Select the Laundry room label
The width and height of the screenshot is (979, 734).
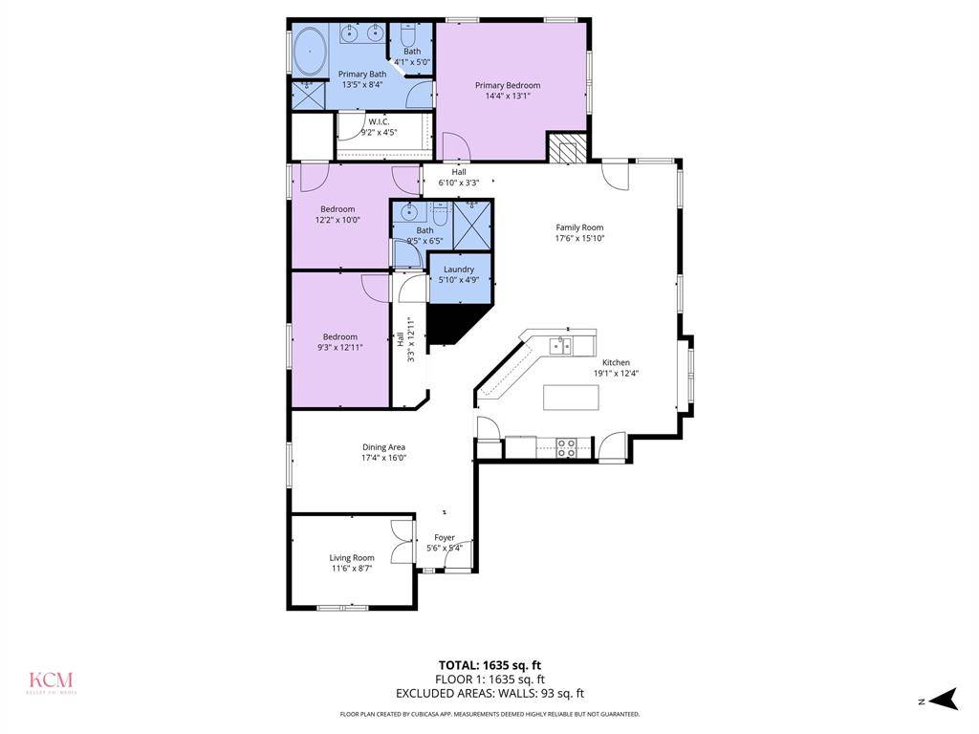[x=459, y=270]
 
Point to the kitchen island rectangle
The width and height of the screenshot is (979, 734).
[x=571, y=396]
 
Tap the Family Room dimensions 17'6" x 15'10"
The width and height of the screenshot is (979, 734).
[x=580, y=239]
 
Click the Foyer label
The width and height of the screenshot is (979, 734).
[x=445, y=538]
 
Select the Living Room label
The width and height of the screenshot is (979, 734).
[x=352, y=557]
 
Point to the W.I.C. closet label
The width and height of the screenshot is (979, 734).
[x=378, y=121]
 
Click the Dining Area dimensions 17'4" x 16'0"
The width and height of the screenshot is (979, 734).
[x=383, y=458]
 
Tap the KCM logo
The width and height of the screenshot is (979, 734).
[x=52, y=682]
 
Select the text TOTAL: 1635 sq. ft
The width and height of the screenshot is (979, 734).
[x=489, y=665]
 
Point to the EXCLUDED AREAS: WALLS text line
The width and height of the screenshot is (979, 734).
[x=489, y=694]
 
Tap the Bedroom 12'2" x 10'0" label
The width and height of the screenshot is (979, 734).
[x=337, y=209]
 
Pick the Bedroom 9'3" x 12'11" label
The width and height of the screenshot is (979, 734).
[x=339, y=336]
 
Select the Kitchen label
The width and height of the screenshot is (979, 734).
[x=616, y=362]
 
